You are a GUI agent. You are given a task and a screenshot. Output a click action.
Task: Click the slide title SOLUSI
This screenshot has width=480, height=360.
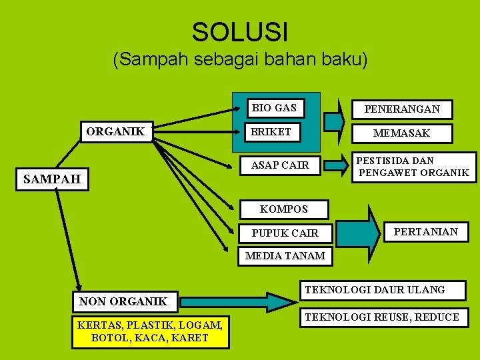click(240, 31)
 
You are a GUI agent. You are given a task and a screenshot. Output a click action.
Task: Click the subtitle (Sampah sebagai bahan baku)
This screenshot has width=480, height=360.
click(240, 60)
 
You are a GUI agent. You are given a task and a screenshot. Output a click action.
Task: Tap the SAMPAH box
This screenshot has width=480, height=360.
click(52, 179)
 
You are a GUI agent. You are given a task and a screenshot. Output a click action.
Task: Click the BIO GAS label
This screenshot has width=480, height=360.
click(274, 107)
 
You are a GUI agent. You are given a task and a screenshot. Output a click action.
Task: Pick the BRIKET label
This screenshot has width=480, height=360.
click(271, 132)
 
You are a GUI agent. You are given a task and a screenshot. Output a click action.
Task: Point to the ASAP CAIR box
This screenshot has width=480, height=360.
click(280, 165)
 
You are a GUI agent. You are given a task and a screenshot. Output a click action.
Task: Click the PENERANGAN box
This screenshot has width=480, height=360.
click(401, 109)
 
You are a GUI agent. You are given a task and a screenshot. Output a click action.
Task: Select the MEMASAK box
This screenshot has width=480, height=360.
click(401, 133)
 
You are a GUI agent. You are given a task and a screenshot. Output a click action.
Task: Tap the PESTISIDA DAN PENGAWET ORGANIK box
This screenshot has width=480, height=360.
click(414, 167)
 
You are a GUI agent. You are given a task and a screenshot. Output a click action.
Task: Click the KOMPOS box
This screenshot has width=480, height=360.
click(284, 209)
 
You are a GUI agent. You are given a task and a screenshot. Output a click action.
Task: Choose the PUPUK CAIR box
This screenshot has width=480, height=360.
click(285, 233)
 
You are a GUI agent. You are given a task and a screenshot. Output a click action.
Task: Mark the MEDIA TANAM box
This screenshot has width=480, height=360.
click(285, 255)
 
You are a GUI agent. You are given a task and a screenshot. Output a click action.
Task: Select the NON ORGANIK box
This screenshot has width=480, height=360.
click(123, 301)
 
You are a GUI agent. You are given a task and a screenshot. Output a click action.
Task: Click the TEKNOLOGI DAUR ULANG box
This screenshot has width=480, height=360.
click(383, 290)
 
